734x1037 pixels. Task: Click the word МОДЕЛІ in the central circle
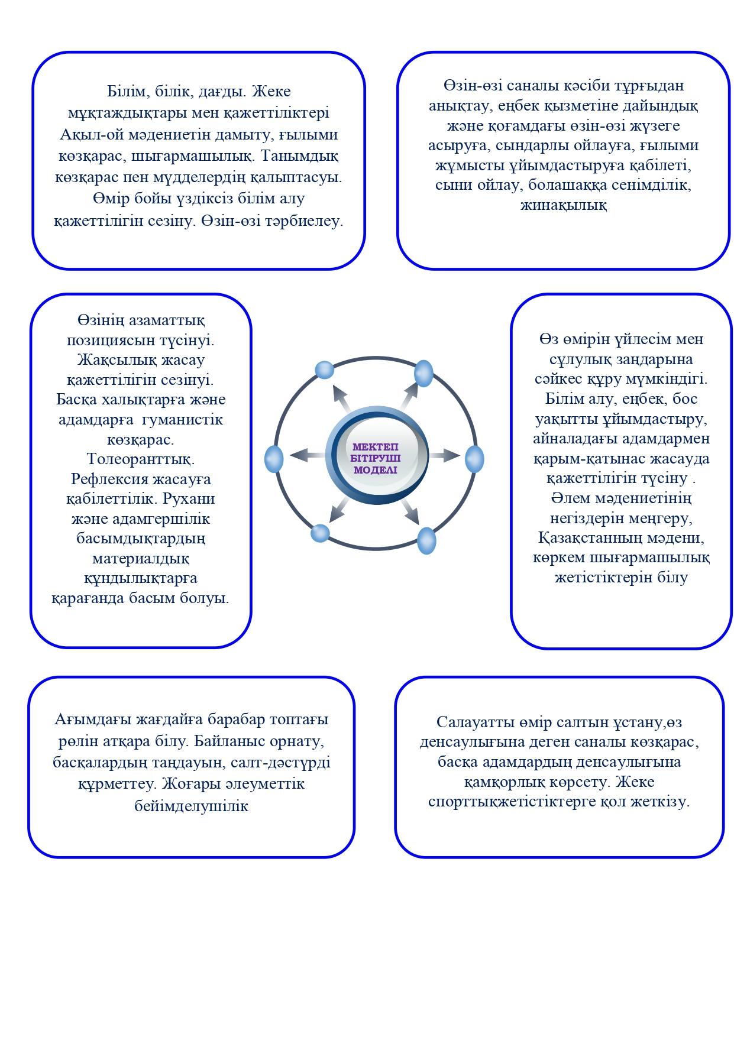(x=376, y=470)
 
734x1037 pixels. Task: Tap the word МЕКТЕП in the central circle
(x=376, y=447)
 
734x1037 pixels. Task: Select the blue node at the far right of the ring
(x=474, y=459)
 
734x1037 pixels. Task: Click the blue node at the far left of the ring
(x=274, y=459)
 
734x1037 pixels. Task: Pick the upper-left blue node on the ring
(x=325, y=370)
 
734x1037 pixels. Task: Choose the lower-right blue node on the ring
(x=426, y=540)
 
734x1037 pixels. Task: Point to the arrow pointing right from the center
(x=445, y=455)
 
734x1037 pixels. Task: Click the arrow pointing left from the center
(x=305, y=455)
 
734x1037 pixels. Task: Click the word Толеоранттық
(x=141, y=459)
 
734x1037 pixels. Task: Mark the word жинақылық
(x=563, y=206)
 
